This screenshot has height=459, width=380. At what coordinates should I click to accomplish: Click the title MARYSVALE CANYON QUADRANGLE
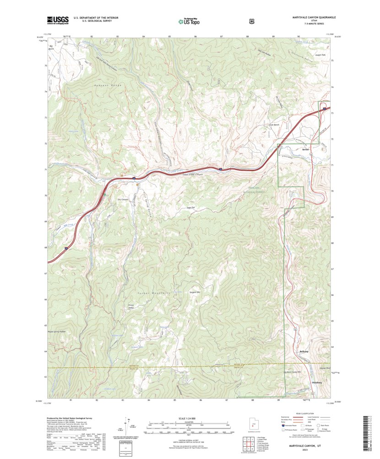314,17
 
